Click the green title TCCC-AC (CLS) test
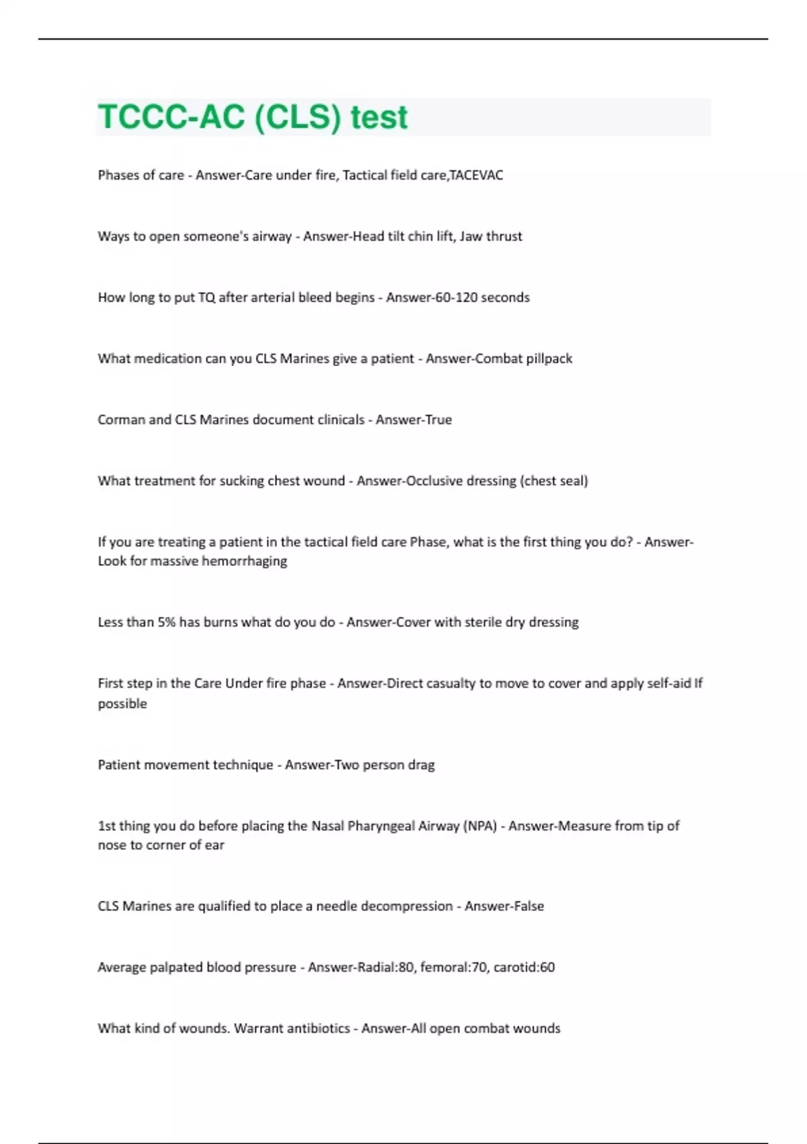tap(253, 117)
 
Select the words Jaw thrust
tap(491, 236)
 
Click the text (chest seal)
tap(554, 481)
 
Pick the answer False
tap(527, 906)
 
